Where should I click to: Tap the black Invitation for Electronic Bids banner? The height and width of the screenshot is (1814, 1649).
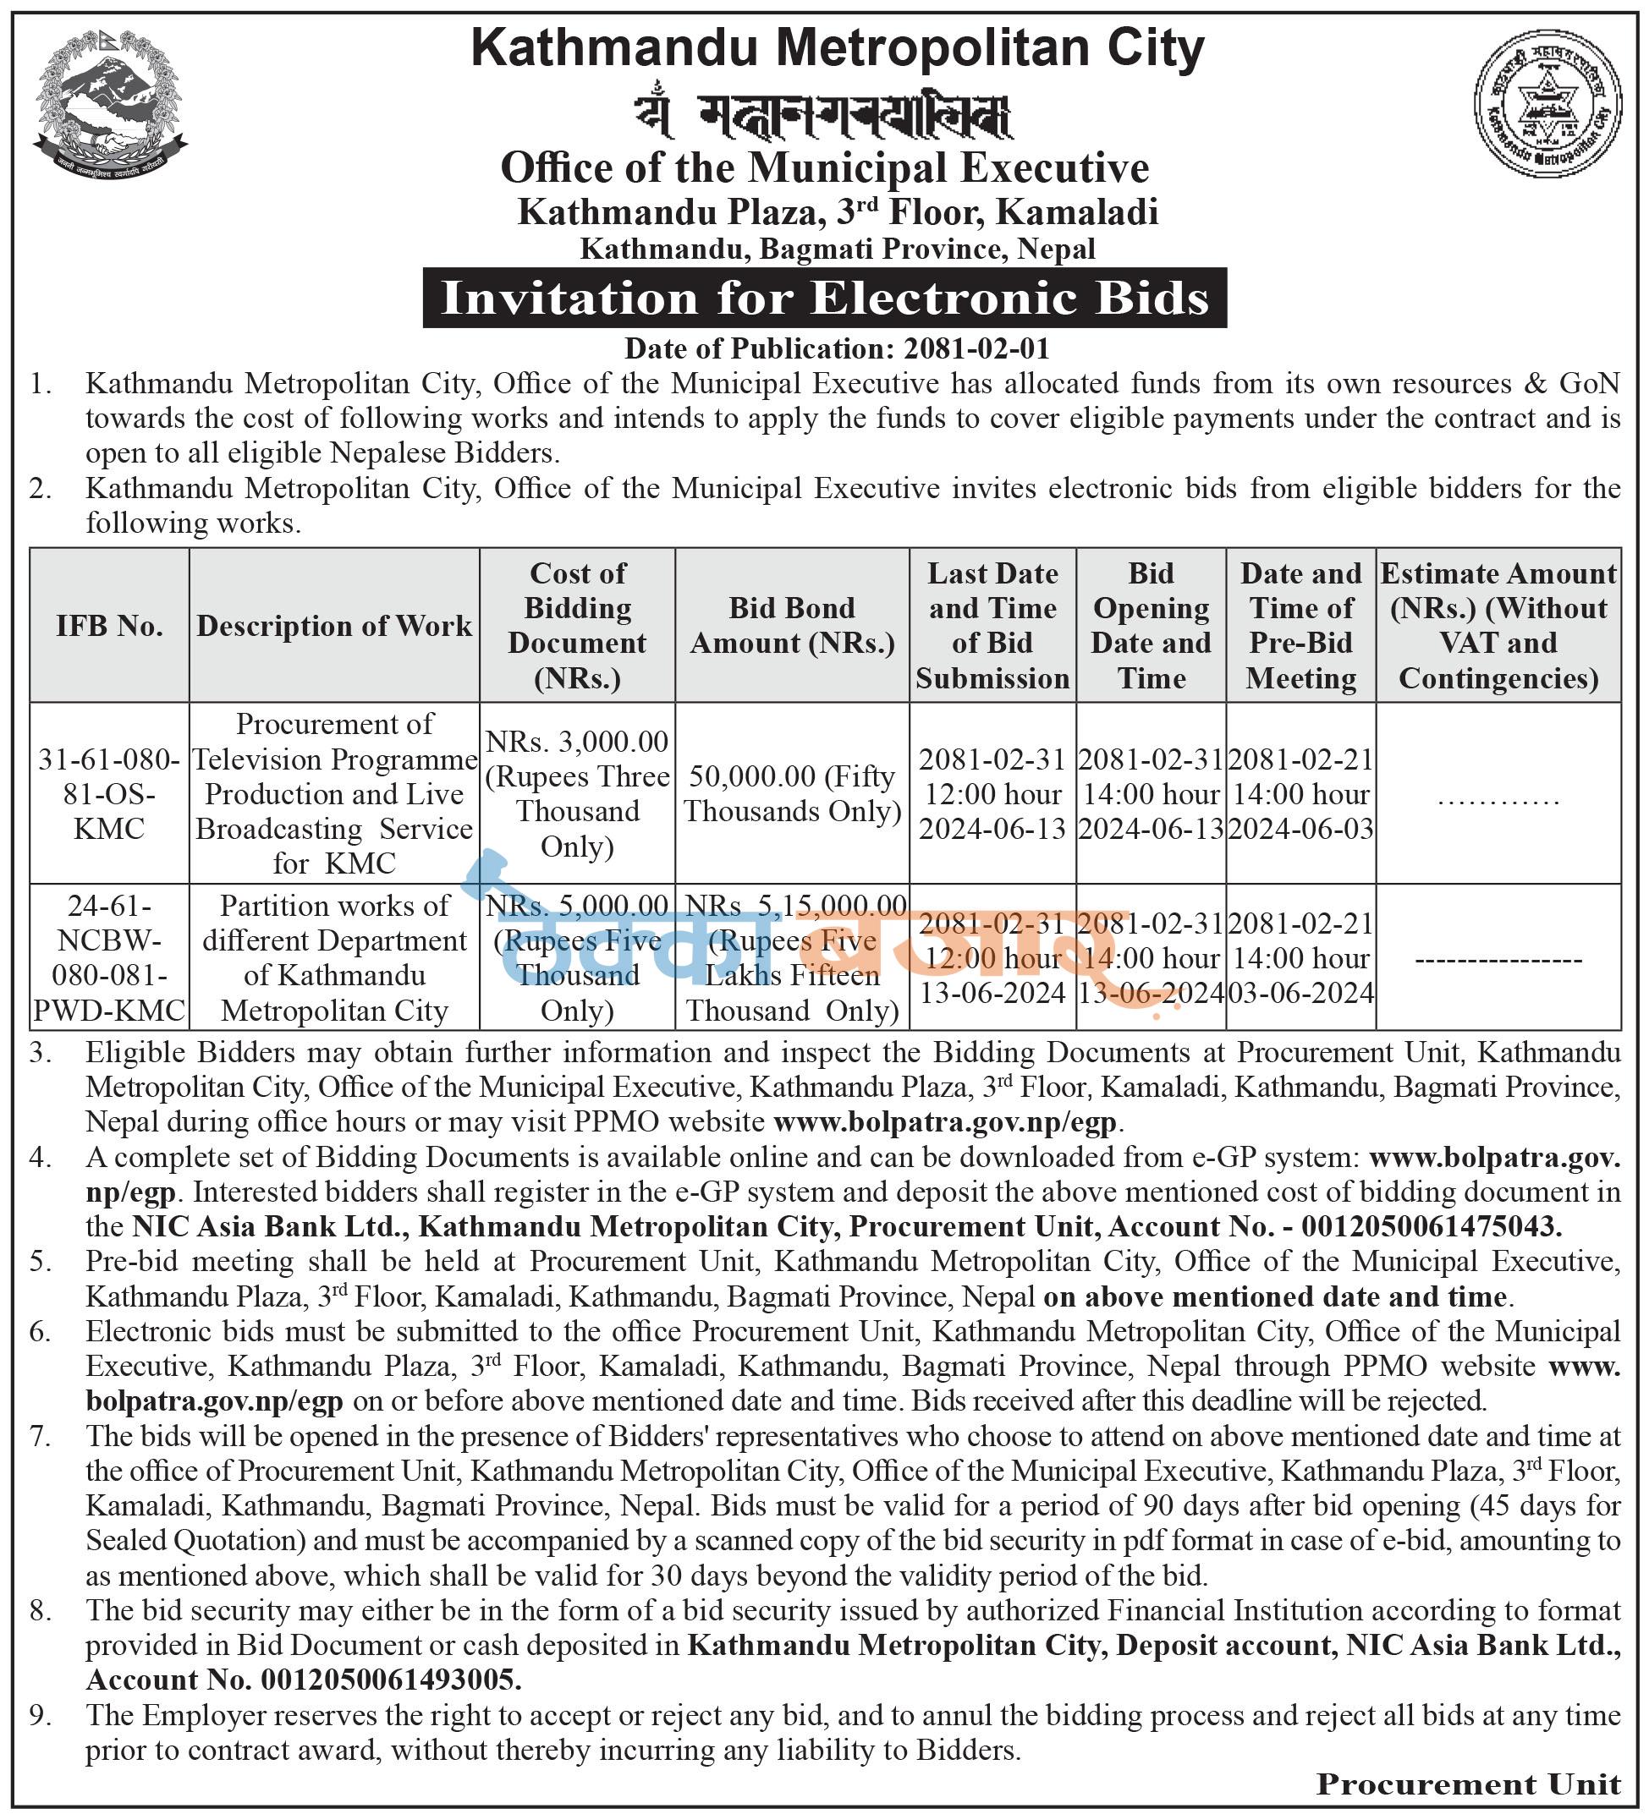click(x=824, y=298)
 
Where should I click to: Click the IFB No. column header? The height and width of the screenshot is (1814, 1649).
click(x=109, y=625)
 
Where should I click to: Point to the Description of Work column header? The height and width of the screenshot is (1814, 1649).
click(x=334, y=625)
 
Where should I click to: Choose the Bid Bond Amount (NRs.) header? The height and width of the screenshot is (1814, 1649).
click(x=792, y=625)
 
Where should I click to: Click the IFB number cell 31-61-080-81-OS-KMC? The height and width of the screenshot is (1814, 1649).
click(x=109, y=793)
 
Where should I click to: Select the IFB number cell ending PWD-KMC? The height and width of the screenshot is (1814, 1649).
click(x=109, y=957)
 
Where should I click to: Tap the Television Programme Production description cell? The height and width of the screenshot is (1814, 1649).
click(x=334, y=793)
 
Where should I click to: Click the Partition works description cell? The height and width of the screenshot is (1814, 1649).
click(x=334, y=957)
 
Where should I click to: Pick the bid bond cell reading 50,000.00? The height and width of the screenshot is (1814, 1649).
click(x=792, y=793)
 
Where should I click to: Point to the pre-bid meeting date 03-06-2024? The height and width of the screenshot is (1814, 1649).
click(x=1301, y=994)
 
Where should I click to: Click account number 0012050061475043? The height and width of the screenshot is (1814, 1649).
click(x=1432, y=1226)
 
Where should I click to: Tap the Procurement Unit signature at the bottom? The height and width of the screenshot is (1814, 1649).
click(x=1468, y=1784)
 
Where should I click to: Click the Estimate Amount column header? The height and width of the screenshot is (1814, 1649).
click(x=1498, y=625)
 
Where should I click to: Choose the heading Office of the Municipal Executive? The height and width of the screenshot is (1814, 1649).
click(x=824, y=168)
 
